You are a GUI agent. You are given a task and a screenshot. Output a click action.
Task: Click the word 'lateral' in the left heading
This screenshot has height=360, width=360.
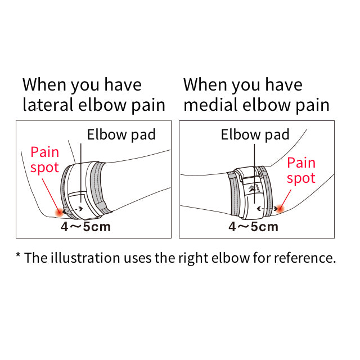click(48, 105)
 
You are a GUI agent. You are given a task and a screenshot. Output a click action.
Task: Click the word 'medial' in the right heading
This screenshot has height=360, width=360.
click(210, 105)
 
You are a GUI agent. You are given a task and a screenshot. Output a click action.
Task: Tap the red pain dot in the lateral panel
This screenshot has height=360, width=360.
click(60, 213)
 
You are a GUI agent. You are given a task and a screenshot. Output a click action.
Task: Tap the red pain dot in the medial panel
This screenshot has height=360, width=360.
click(280, 209)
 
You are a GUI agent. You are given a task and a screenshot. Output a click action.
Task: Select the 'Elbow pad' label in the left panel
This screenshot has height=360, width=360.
click(121, 134)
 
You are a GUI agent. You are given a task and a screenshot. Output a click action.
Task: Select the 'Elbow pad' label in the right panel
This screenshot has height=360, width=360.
click(255, 134)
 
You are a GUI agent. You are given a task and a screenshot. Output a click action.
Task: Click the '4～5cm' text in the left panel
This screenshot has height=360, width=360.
click(85, 227)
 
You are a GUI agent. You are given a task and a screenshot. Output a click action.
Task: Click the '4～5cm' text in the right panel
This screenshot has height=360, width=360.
click(253, 227)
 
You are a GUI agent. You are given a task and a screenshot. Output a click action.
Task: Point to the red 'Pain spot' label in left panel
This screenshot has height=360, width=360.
click(45, 160)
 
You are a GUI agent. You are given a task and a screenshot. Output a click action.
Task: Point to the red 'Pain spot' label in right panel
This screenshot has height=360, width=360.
click(301, 171)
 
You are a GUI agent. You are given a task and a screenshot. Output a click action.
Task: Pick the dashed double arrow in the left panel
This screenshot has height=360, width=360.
click(73, 209)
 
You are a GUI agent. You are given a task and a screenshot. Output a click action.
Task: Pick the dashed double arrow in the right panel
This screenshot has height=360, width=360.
click(267, 209)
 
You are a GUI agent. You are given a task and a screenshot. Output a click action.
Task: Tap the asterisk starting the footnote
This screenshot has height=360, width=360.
click(18, 255)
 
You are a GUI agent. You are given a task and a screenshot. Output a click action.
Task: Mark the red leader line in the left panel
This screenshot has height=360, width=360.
click(51, 195)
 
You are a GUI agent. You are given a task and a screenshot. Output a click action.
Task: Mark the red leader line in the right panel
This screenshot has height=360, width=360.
click(286, 199)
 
